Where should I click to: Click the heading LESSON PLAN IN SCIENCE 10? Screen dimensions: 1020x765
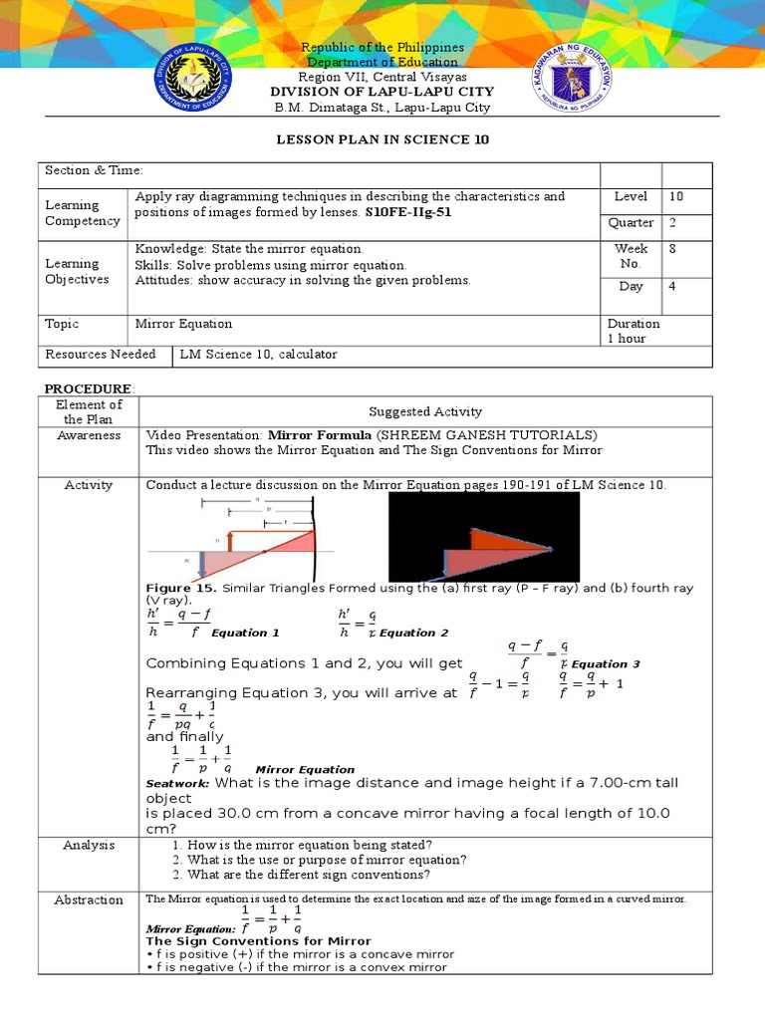(x=382, y=139)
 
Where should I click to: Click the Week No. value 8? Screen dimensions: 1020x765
(x=672, y=249)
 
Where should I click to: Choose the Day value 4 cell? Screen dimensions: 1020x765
(x=672, y=287)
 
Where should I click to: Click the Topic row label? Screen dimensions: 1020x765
(x=62, y=324)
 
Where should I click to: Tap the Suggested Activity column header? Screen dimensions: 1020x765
(x=425, y=411)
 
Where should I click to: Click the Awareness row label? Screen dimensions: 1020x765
(x=89, y=435)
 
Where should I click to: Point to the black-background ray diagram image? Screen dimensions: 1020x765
(x=483, y=537)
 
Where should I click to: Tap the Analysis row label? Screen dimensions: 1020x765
(x=89, y=845)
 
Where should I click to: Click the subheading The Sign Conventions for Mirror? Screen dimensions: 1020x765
(x=258, y=941)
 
